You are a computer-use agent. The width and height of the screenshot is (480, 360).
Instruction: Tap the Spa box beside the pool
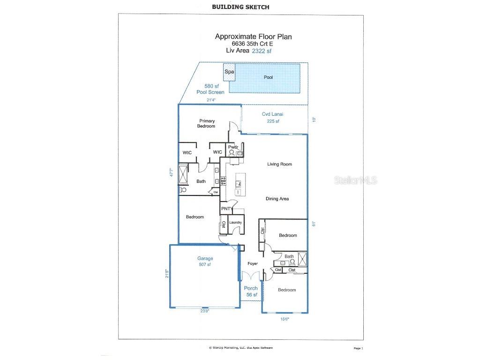[229, 72]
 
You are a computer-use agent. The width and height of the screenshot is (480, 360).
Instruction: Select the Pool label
[268, 77]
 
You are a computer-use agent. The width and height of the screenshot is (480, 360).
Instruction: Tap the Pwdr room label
[233, 147]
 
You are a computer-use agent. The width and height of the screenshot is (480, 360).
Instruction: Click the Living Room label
[279, 164]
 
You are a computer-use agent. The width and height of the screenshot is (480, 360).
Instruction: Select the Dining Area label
[277, 199]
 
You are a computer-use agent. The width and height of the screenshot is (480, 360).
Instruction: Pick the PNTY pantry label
[227, 209]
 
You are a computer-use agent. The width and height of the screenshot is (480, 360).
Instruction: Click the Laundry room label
[235, 223]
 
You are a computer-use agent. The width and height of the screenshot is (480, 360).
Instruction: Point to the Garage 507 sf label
[205, 261]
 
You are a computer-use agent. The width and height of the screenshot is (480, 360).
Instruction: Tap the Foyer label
[253, 264]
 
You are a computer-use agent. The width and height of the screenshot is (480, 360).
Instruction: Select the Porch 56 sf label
[250, 291]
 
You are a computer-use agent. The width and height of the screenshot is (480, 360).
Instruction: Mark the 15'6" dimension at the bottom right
[284, 319]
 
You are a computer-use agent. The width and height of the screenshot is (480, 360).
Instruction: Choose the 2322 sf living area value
[262, 51]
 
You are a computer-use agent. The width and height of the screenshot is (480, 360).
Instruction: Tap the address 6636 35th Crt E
[255, 44]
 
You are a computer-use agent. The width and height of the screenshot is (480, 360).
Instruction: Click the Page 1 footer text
[358, 348]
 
